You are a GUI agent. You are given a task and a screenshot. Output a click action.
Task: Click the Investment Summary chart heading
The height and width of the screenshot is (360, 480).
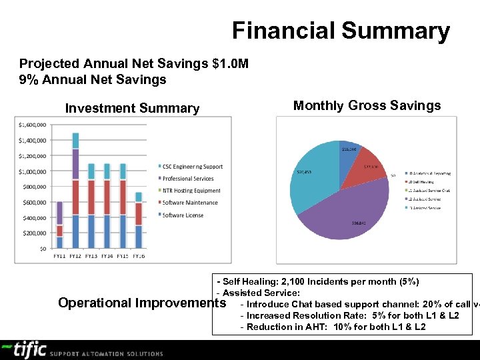(132, 108)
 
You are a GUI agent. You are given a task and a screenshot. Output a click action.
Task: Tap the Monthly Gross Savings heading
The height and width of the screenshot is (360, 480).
(367, 105)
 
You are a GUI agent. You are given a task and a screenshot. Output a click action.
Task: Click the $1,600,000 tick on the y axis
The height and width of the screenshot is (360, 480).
(31, 125)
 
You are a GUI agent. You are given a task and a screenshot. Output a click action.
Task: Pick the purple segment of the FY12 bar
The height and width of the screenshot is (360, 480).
(75, 164)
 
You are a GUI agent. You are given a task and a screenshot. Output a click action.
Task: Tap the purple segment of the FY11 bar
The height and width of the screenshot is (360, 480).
(60, 213)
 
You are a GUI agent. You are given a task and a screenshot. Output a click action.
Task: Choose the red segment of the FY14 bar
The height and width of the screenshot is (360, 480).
(107, 197)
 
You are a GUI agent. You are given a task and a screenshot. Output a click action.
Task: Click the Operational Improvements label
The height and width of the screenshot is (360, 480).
(142, 303)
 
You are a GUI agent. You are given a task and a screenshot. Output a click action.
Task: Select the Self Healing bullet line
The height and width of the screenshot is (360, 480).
(317, 282)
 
